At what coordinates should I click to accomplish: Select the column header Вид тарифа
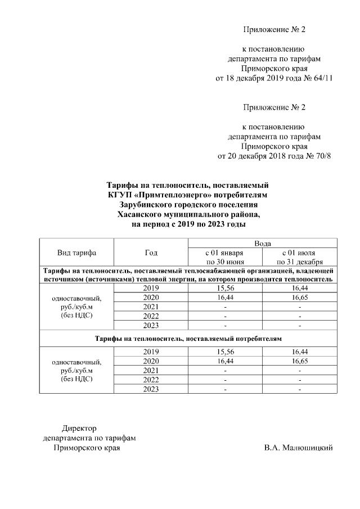76,253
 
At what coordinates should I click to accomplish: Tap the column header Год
151,253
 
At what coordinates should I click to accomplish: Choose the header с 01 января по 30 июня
225,257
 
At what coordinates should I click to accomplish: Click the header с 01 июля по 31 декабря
299,257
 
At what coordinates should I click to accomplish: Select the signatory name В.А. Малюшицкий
298,448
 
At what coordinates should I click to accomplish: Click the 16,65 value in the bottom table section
299,361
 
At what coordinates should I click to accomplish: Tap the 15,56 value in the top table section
225,288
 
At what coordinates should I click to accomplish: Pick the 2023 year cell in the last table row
151,389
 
